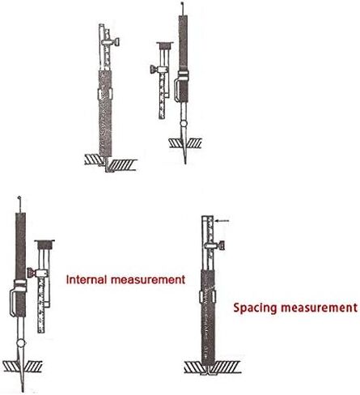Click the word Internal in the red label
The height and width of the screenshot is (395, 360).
87,279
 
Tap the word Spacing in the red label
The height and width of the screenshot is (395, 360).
255,308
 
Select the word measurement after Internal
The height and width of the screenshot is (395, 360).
148,280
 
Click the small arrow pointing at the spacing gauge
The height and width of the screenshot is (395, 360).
222,221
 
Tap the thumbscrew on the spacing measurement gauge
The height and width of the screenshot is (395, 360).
221,246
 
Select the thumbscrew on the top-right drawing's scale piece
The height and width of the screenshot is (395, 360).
154,70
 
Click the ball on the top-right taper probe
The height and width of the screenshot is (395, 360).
184,124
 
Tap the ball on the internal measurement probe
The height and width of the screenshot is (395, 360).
21,343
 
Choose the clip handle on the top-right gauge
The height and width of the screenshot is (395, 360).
176,90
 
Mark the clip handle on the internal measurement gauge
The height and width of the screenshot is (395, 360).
13,302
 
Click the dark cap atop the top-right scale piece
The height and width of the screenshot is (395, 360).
164,45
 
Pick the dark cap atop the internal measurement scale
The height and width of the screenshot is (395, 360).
44,244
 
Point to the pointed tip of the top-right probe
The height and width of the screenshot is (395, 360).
185,163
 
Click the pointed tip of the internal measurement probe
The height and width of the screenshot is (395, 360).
23,391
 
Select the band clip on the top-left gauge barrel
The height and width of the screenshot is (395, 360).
104,94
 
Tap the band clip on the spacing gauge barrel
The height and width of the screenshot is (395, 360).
208,296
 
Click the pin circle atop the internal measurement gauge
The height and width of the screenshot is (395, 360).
19,197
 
